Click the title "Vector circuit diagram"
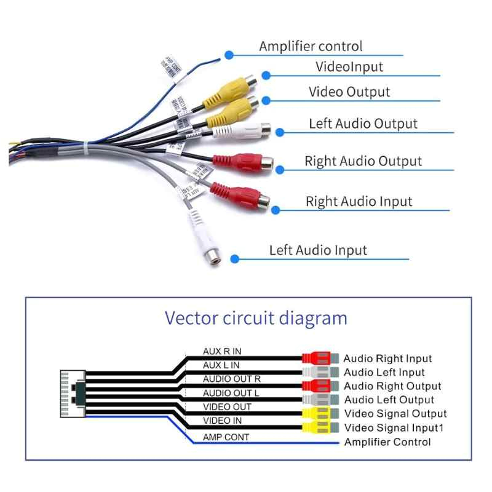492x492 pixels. click(x=256, y=319)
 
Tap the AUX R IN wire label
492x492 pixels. click(x=222, y=352)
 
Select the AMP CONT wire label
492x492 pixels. click(x=226, y=437)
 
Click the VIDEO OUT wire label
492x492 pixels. click(x=226, y=407)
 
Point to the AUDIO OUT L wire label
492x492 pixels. click(x=231, y=393)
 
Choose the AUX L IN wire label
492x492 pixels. click(x=221, y=365)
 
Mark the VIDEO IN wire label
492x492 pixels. click(x=222, y=421)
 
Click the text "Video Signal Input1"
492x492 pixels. click(x=394, y=428)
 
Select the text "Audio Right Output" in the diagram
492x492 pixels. click(x=392, y=386)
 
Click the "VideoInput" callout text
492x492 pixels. click(x=349, y=66)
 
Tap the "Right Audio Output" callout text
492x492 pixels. click(x=363, y=161)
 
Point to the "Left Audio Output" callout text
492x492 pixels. click(x=363, y=124)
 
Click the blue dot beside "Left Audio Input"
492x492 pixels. click(x=234, y=258)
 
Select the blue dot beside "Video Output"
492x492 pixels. click(x=266, y=100)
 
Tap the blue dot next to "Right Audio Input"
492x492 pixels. click(x=276, y=210)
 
